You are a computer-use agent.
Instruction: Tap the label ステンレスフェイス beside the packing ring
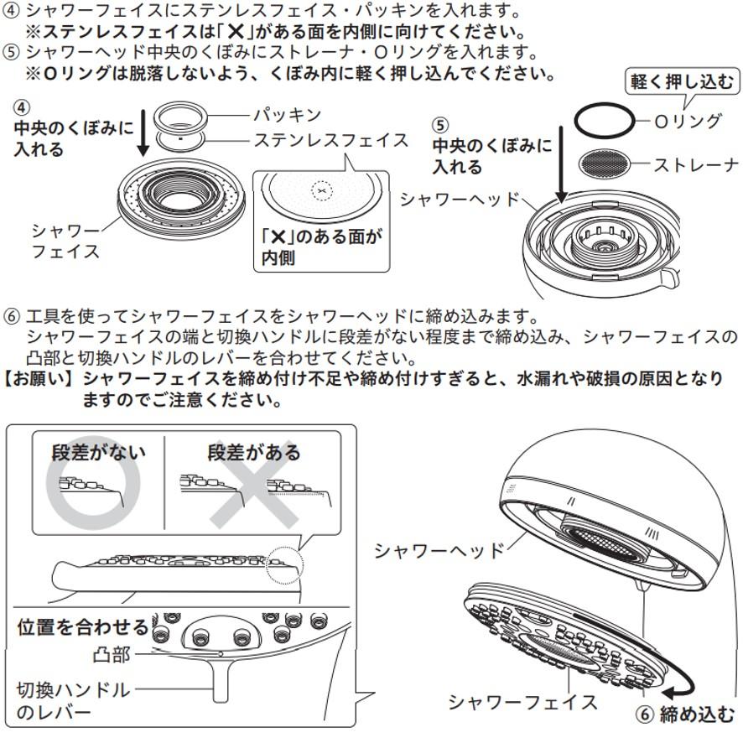click(330, 140)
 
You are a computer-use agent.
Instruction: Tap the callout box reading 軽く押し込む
click(683, 82)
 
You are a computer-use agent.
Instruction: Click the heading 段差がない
click(98, 453)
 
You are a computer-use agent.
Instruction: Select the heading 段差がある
click(254, 453)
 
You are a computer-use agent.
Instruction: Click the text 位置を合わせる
click(82, 627)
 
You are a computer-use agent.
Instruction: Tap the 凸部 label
click(111, 653)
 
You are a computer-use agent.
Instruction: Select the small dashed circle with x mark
click(321, 191)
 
